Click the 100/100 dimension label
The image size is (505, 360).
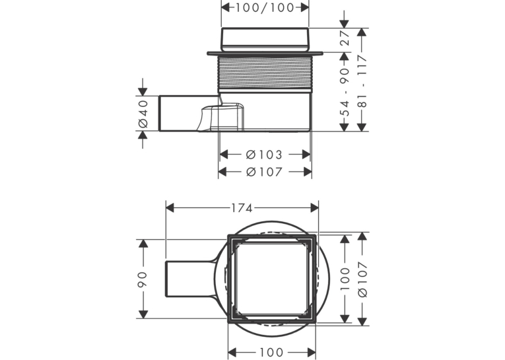click(x=265, y=7)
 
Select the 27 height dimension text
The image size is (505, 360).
click(x=345, y=38)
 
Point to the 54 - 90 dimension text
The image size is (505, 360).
click(x=345, y=92)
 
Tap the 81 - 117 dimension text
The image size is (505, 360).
click(x=362, y=81)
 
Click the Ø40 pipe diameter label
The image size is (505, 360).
click(x=143, y=114)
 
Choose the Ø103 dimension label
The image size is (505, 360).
click(x=264, y=155)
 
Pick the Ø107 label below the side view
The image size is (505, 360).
click(x=264, y=172)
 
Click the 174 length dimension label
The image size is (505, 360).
click(x=242, y=209)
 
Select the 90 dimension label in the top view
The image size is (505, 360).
click(x=142, y=279)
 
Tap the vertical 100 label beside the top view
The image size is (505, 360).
click(x=345, y=279)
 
